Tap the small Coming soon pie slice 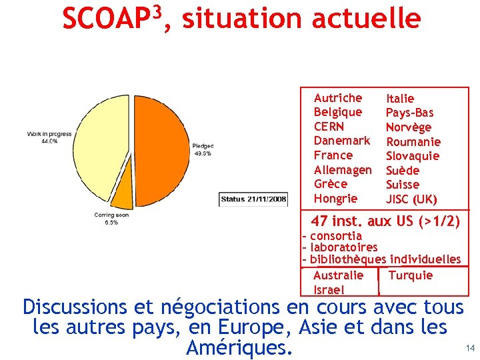pyautogui.click(x=123, y=197)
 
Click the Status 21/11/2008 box pyautogui.click(x=254, y=199)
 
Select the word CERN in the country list pyautogui.click(x=329, y=127)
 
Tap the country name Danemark pyautogui.click(x=341, y=141)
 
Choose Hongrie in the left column pyautogui.click(x=335, y=199)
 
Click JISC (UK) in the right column pyautogui.click(x=411, y=199)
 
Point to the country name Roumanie pyautogui.click(x=413, y=141)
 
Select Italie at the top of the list pyautogui.click(x=400, y=99)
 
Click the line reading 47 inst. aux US pyautogui.click(x=385, y=221)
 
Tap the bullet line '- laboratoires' pyautogui.click(x=339, y=247)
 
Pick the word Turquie pyautogui.click(x=410, y=275)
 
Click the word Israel pyautogui.click(x=329, y=289)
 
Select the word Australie pyautogui.click(x=338, y=275)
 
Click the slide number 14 pyautogui.click(x=470, y=348)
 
